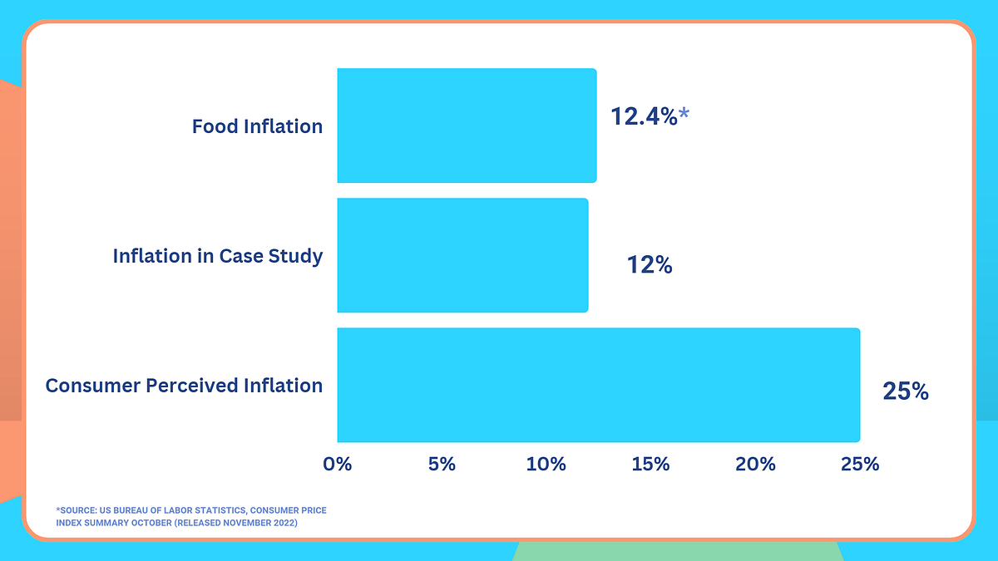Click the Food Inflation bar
tap(467, 125)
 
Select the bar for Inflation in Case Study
tap(462, 255)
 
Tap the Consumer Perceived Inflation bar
tap(598, 385)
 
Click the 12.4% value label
tap(644, 116)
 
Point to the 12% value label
tap(649, 265)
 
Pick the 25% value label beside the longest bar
tap(906, 391)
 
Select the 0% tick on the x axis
tap(338, 464)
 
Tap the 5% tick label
tap(442, 464)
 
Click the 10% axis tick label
tap(546, 464)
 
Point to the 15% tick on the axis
tap(650, 464)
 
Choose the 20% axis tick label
tap(755, 464)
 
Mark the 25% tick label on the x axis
tap(859, 464)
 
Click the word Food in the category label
tap(215, 126)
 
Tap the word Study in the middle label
tap(295, 256)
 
